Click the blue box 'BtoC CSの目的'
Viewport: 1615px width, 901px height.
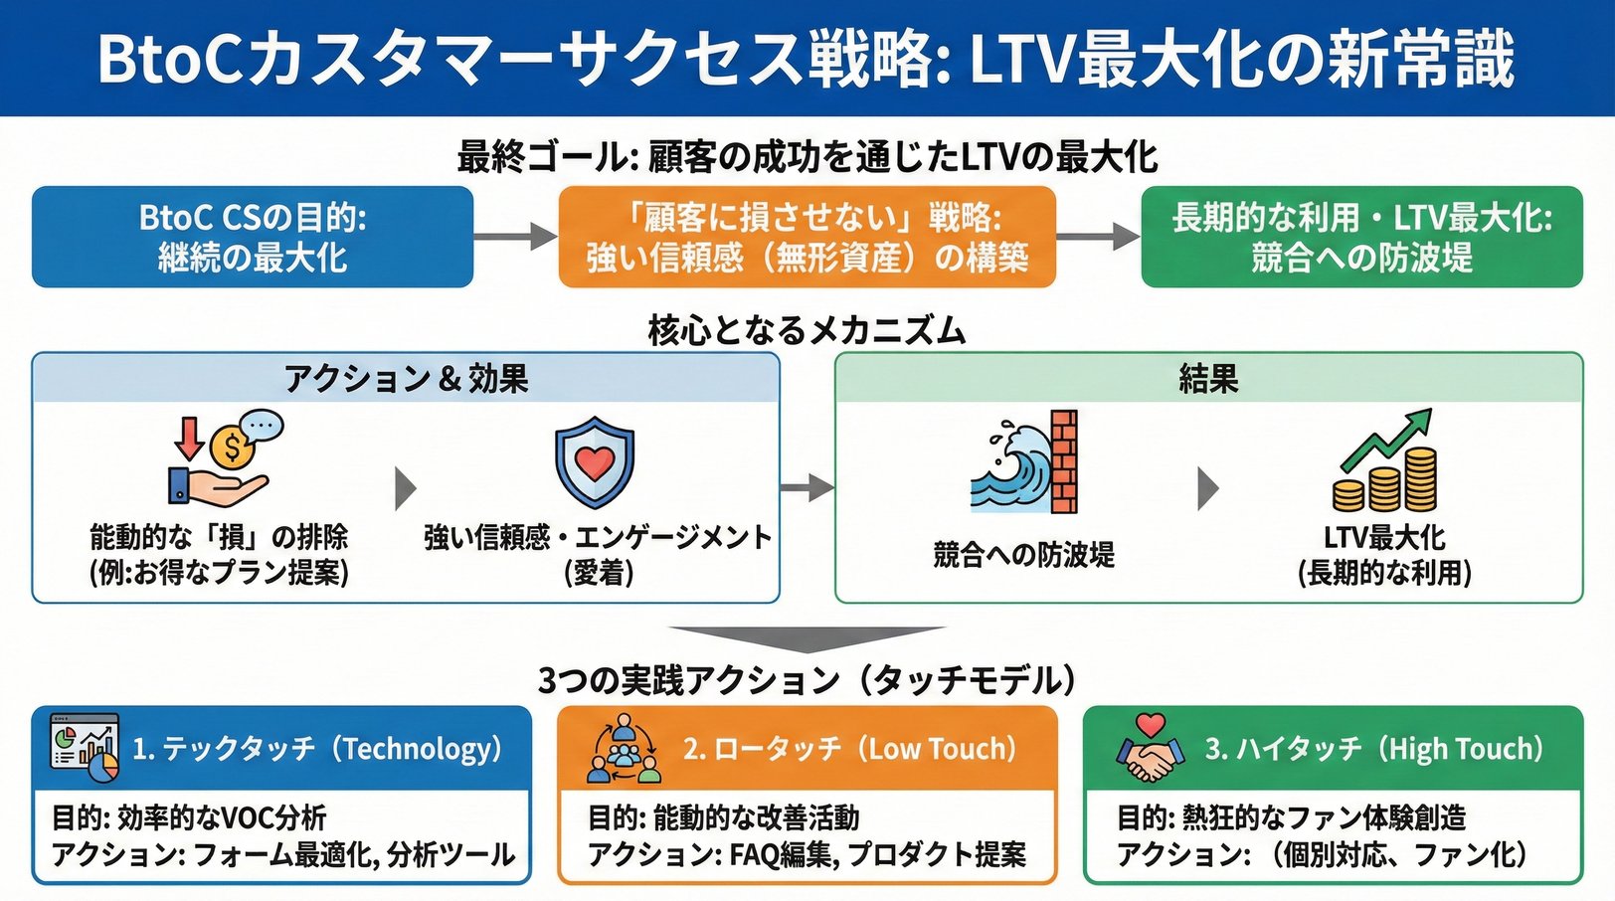click(253, 237)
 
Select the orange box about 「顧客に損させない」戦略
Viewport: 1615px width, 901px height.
click(807, 237)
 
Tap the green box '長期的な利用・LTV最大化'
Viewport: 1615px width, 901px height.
click(1361, 237)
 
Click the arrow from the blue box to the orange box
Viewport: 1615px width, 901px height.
click(515, 237)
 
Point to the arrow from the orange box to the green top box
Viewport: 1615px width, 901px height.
click(1098, 237)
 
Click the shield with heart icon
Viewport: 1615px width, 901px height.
click(595, 463)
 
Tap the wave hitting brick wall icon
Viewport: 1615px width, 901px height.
click(1025, 462)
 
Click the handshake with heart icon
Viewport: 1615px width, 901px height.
click(1151, 749)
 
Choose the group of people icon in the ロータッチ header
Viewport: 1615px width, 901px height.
click(624, 749)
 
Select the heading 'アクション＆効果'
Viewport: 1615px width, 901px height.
click(406, 379)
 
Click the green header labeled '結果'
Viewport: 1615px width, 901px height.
click(1208, 379)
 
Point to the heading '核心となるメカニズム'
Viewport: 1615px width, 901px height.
click(807, 329)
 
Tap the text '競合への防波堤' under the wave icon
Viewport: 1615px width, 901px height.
click(1023, 554)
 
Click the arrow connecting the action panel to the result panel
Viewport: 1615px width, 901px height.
click(807, 487)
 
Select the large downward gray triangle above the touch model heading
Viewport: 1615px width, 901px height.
click(807, 637)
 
